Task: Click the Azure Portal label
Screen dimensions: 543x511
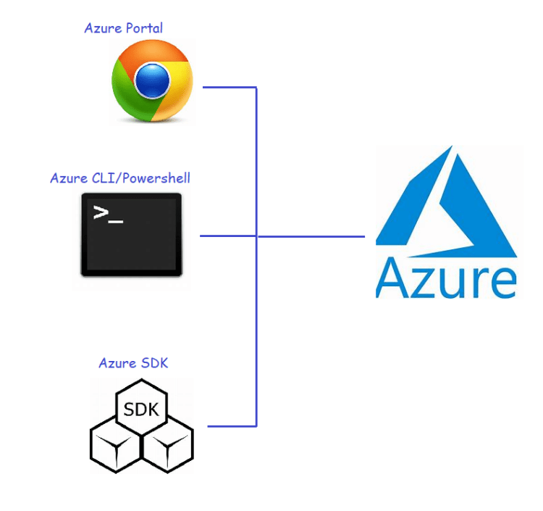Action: click(123, 28)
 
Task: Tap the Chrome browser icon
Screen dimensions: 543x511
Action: click(152, 80)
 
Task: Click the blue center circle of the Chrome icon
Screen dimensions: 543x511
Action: click(152, 80)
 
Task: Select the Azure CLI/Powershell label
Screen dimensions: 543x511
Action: click(120, 178)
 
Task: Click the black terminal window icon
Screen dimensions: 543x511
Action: click(132, 235)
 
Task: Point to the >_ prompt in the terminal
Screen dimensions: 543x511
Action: click(108, 214)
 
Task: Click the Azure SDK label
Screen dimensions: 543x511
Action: click(133, 363)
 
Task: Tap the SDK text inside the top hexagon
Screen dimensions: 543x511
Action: click(141, 410)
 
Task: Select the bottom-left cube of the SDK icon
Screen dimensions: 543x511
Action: click(116, 446)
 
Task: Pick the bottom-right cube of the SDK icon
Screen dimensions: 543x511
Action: click(168, 446)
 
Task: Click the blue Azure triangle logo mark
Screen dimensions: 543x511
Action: click(447, 202)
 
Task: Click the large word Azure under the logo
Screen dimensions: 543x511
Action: click(447, 278)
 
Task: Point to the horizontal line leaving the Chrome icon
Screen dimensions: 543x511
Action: click(230, 87)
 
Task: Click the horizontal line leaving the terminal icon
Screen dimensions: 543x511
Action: click(228, 236)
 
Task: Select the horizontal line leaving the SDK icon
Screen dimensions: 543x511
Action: click(232, 426)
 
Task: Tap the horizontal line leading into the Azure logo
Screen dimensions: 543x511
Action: click(311, 236)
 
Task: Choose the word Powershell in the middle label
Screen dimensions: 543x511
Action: click(156, 178)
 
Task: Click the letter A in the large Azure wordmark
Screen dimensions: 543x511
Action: click(393, 278)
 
